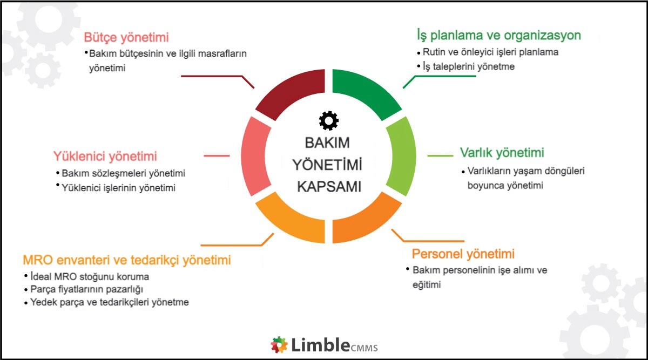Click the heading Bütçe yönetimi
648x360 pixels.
(x=126, y=37)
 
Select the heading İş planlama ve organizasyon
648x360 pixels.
(x=498, y=36)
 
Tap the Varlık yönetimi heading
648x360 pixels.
(x=502, y=152)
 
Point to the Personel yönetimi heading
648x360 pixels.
(x=463, y=254)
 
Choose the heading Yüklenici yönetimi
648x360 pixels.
(x=105, y=157)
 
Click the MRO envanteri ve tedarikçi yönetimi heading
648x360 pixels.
(x=127, y=260)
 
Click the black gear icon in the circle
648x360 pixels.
(x=328, y=120)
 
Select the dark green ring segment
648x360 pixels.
(x=366, y=94)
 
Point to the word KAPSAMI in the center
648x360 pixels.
(x=329, y=186)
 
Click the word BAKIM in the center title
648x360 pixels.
(x=327, y=143)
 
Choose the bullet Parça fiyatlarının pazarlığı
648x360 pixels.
(x=86, y=289)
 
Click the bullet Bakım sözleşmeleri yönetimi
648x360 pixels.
(x=123, y=174)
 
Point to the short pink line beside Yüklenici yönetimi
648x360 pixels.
(x=217, y=156)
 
